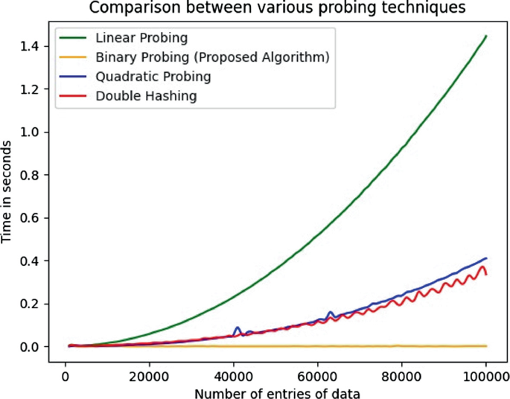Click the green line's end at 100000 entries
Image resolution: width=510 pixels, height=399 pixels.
coord(485,36)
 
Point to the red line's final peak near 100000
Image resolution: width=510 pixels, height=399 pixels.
coord(483,266)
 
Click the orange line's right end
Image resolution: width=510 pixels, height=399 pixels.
coord(486,346)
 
